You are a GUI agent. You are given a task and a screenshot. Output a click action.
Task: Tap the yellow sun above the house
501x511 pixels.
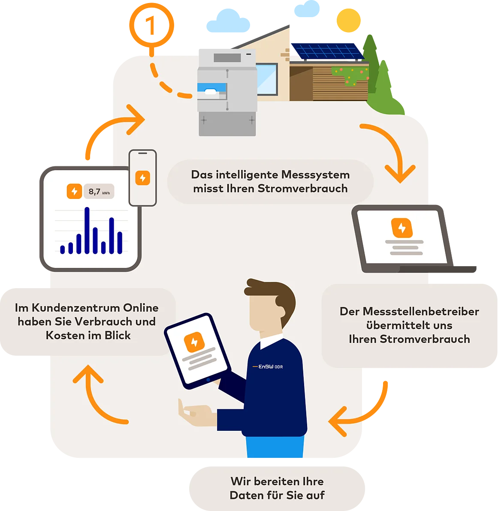tap(349, 20)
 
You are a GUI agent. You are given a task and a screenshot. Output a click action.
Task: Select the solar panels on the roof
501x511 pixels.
tap(327, 51)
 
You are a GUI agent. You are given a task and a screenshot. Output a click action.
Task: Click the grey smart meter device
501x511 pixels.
tap(226, 92)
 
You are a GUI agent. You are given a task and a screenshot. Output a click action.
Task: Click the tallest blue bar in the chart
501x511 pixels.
tap(87, 230)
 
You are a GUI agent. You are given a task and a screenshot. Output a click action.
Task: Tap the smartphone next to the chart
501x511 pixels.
tap(143, 177)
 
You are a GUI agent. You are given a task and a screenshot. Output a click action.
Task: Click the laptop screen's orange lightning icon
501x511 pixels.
tap(402, 228)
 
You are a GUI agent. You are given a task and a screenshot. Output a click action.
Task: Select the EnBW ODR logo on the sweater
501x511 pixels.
tap(268, 367)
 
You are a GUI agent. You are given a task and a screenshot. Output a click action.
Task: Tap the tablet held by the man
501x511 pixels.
tap(197, 351)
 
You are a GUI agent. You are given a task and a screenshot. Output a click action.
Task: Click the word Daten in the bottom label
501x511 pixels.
tap(245, 496)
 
